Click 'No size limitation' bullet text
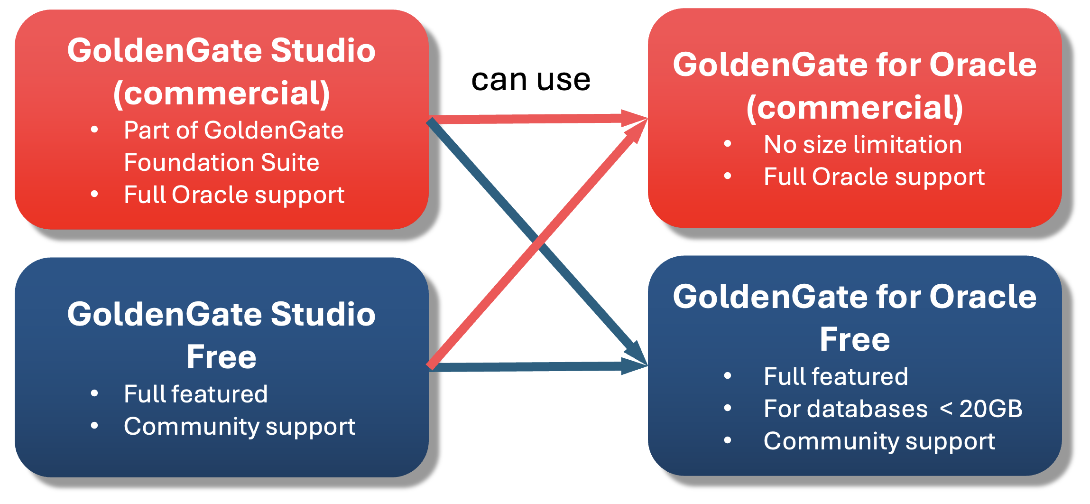[x=862, y=144]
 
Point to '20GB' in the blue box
[x=990, y=409]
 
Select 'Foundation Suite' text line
[x=222, y=162]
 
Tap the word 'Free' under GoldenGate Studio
[x=221, y=357]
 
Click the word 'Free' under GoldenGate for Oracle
[x=855, y=339]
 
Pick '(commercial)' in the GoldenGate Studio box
[x=221, y=93]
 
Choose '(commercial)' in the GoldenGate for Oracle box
[x=855, y=108]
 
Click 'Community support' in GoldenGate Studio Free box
[x=239, y=426]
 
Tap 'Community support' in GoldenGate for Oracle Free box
[x=879, y=441]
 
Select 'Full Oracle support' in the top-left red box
[x=234, y=195]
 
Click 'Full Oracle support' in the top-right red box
[x=874, y=177]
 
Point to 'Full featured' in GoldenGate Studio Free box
[x=195, y=394]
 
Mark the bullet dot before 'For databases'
[x=728, y=408]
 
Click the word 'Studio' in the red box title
[x=323, y=50]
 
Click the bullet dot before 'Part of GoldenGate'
[x=94, y=130]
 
